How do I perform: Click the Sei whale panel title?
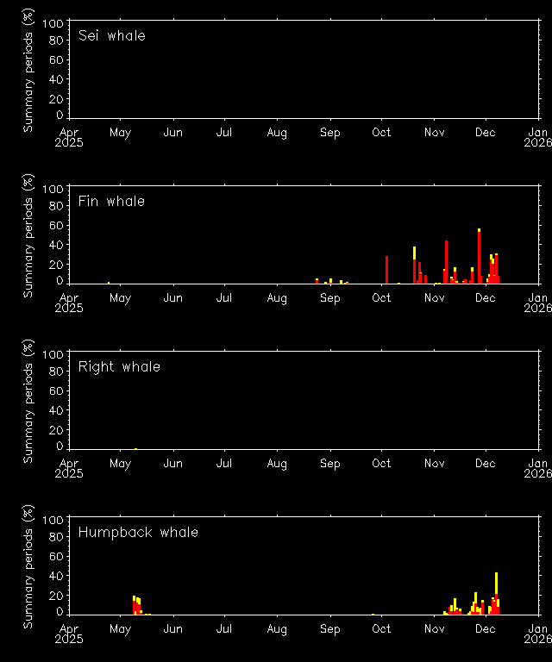point(111,36)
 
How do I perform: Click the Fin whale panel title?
point(111,202)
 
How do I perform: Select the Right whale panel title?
point(119,367)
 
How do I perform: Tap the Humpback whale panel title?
point(138,533)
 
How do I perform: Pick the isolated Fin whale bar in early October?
point(386,269)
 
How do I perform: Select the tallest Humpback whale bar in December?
point(496,593)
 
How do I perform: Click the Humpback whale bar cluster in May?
point(136,605)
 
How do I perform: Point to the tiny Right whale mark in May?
point(135,448)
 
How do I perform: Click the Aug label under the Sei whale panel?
point(277,133)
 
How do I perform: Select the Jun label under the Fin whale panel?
point(172,298)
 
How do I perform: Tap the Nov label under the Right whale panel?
point(434,464)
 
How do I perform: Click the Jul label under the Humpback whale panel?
point(224,629)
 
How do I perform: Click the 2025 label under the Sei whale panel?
point(70,142)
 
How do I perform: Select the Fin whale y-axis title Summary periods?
point(28,238)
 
